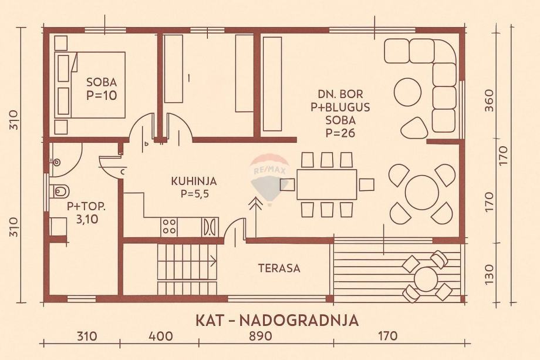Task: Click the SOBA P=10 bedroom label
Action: [102, 88]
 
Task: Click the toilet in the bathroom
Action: [59, 190]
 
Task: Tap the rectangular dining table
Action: [326, 184]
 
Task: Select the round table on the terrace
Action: [426, 278]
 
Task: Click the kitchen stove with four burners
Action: [170, 227]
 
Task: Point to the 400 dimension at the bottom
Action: [161, 337]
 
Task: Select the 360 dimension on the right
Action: [490, 101]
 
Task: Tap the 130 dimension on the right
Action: [490, 272]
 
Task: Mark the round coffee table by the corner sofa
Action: [407, 92]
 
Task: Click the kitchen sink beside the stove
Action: [210, 227]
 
